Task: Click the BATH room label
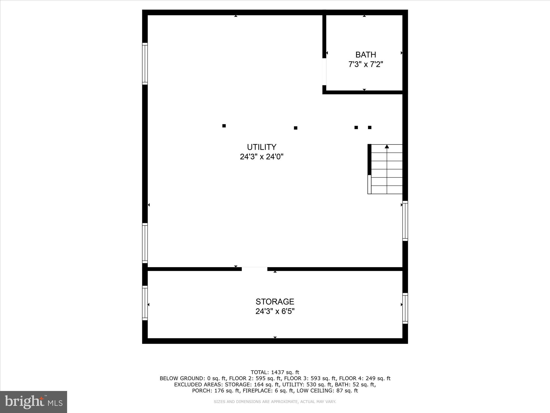click(x=365, y=55)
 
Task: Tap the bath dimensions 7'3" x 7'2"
click(x=365, y=64)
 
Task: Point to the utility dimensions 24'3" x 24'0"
click(x=262, y=157)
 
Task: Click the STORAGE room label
click(x=275, y=301)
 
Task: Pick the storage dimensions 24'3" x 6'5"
click(x=275, y=311)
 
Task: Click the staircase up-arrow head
click(x=387, y=146)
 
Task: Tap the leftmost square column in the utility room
click(x=224, y=126)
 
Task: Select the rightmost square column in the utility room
click(x=370, y=127)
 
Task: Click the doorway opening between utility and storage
click(x=254, y=269)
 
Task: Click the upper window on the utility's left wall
click(x=145, y=64)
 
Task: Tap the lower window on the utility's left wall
click(x=145, y=243)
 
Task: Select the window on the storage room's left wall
click(x=145, y=303)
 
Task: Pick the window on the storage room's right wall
click(x=405, y=308)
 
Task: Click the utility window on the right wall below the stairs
click(x=405, y=221)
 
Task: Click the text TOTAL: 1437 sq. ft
click(x=275, y=373)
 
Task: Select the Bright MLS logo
click(x=34, y=402)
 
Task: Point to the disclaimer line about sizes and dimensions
click(x=275, y=402)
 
